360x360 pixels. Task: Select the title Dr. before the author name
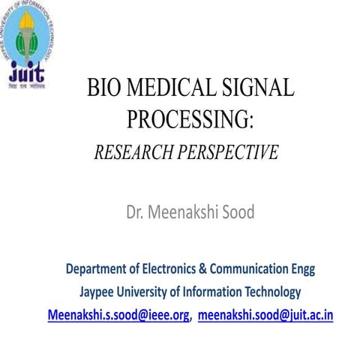pyautogui.click(x=137, y=212)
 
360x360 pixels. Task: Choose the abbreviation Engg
pyautogui.click(x=303, y=268)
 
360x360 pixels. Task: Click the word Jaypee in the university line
pyautogui.click(x=98, y=292)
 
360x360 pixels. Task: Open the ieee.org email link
pyautogui.click(x=118, y=314)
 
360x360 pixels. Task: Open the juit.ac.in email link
pyautogui.click(x=265, y=314)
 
